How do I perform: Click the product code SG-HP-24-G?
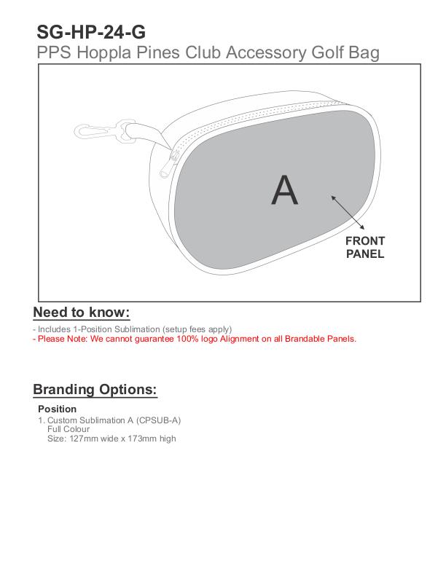pyautogui.click(x=90, y=33)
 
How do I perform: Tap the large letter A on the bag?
pyautogui.click(x=284, y=190)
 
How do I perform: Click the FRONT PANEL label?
pyautogui.click(x=365, y=248)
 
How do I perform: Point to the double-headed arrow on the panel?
pyautogui.click(x=347, y=211)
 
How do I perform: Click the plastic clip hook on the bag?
pyautogui.click(x=102, y=131)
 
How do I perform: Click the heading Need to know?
pyautogui.click(x=82, y=313)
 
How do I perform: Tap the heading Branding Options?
pyautogui.click(x=95, y=389)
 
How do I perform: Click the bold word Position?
pyautogui.click(x=57, y=409)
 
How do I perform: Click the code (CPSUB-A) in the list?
pyautogui.click(x=159, y=420)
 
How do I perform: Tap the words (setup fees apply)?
pyautogui.click(x=197, y=329)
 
